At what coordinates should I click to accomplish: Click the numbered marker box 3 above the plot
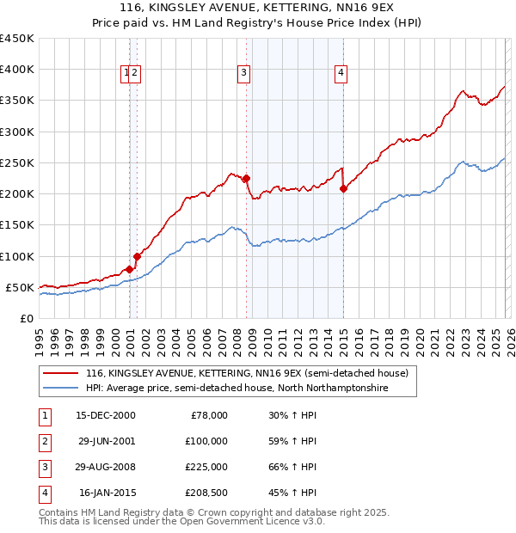[244, 74]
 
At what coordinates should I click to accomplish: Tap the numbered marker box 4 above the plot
[341, 74]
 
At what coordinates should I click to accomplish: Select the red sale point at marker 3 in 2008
[246, 179]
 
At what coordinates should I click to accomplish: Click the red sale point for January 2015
[343, 188]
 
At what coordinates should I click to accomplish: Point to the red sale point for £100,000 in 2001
[137, 256]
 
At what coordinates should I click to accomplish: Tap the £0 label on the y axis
[26, 318]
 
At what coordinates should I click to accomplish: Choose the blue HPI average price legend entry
[236, 389]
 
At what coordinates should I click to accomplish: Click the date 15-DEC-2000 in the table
[105, 415]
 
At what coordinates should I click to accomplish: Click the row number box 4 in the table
[43, 493]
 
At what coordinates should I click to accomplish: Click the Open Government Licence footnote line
[182, 522]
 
